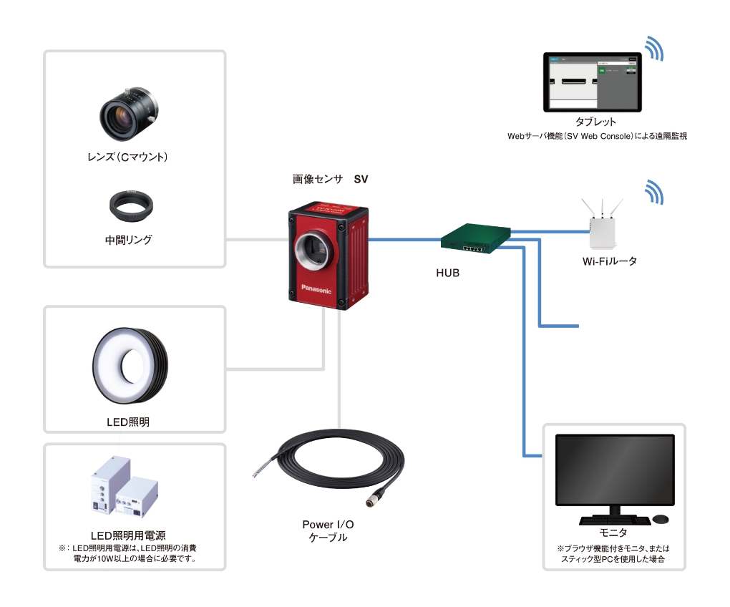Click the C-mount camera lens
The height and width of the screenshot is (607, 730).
130,115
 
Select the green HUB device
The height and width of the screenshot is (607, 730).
475,237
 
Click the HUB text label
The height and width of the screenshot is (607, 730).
447,273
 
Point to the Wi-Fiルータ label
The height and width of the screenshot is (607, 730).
609,261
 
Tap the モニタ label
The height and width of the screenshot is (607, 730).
613,533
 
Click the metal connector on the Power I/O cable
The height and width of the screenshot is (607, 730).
378,495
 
